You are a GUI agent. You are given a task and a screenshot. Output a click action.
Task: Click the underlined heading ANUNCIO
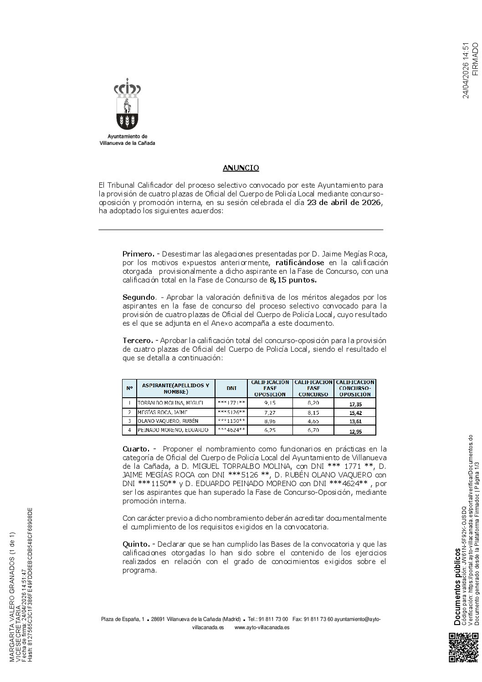point(241,168)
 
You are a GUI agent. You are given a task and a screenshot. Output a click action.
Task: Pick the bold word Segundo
point(138,297)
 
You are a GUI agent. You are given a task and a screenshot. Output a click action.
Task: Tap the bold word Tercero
point(137,341)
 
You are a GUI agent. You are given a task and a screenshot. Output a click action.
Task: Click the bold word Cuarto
point(136,449)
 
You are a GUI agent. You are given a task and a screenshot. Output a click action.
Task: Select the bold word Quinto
point(136,532)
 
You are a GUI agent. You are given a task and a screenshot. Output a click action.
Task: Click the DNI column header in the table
point(231,388)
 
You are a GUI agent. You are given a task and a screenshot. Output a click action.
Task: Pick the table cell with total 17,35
point(355,404)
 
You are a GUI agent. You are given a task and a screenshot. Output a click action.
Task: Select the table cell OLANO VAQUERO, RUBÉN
point(168,421)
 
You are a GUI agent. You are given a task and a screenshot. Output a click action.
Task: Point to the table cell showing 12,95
point(355,431)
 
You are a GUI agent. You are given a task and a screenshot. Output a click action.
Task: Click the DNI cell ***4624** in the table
point(231,430)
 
